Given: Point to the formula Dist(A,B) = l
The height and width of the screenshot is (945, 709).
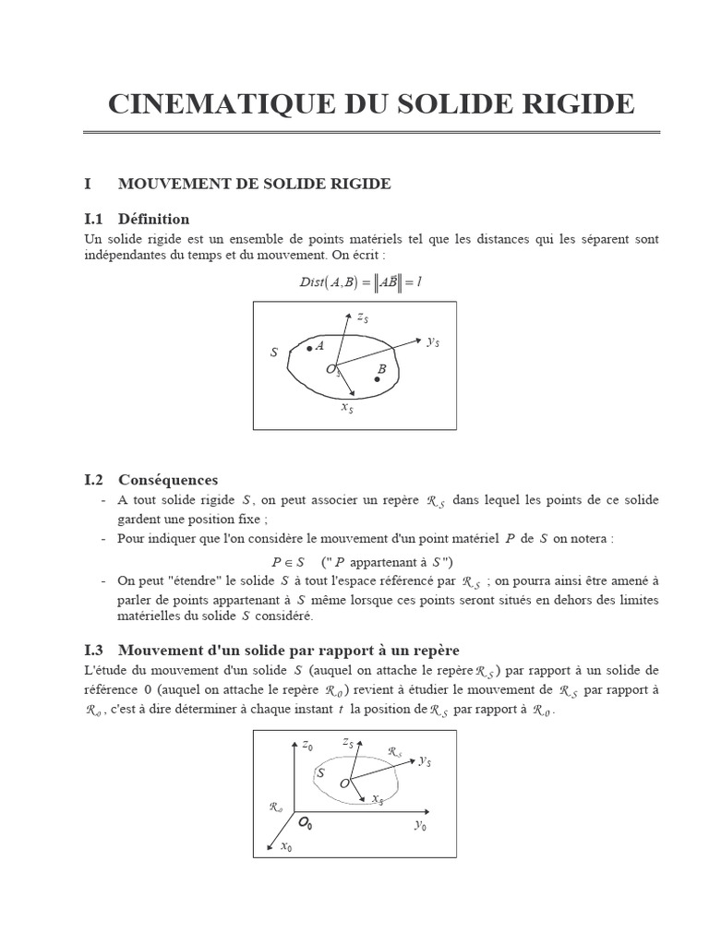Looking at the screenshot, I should pyautogui.click(x=361, y=283).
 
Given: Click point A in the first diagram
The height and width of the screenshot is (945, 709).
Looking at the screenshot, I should pyautogui.click(x=309, y=348).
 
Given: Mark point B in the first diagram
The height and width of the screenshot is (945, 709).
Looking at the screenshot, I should pyautogui.click(x=378, y=377).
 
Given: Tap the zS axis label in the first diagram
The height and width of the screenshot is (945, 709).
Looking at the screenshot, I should pyautogui.click(x=363, y=318).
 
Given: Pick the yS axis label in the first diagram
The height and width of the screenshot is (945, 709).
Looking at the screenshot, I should pyautogui.click(x=432, y=341).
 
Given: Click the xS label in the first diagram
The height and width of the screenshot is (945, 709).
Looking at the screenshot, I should pyautogui.click(x=346, y=407).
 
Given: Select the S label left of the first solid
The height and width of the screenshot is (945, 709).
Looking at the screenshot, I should pyautogui.click(x=273, y=353).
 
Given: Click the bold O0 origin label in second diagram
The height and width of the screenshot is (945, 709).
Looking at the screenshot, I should pyautogui.click(x=304, y=822).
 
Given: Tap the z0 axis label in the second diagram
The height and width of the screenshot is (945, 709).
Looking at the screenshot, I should pyautogui.click(x=308, y=746).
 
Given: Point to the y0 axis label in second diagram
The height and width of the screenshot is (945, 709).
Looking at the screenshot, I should pyautogui.click(x=420, y=825).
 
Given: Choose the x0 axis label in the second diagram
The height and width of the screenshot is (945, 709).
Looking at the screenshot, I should pyautogui.click(x=286, y=847).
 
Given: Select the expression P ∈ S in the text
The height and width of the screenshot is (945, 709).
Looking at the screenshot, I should pyautogui.click(x=288, y=562).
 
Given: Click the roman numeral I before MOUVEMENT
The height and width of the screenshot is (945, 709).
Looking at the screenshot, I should pyautogui.click(x=88, y=184).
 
